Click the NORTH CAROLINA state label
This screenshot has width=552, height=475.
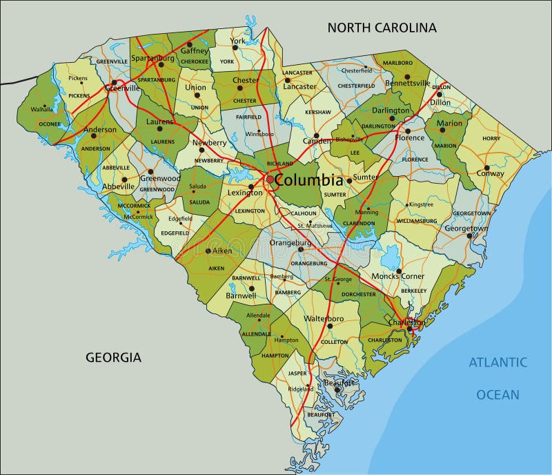[x=382, y=28]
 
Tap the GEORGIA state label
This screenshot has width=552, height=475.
[x=113, y=358]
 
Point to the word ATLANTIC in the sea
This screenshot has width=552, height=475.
[x=498, y=362]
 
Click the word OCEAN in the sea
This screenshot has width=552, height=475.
[x=497, y=395]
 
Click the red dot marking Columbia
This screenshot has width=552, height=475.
[x=269, y=180]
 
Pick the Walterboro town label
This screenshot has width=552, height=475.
[x=324, y=319]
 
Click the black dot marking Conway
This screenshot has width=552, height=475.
[x=486, y=167]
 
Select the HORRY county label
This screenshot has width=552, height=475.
[x=491, y=139]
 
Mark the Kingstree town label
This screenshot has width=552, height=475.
[x=420, y=205]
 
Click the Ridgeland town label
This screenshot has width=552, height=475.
[x=301, y=389]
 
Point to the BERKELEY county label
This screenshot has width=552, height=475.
[x=413, y=291]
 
